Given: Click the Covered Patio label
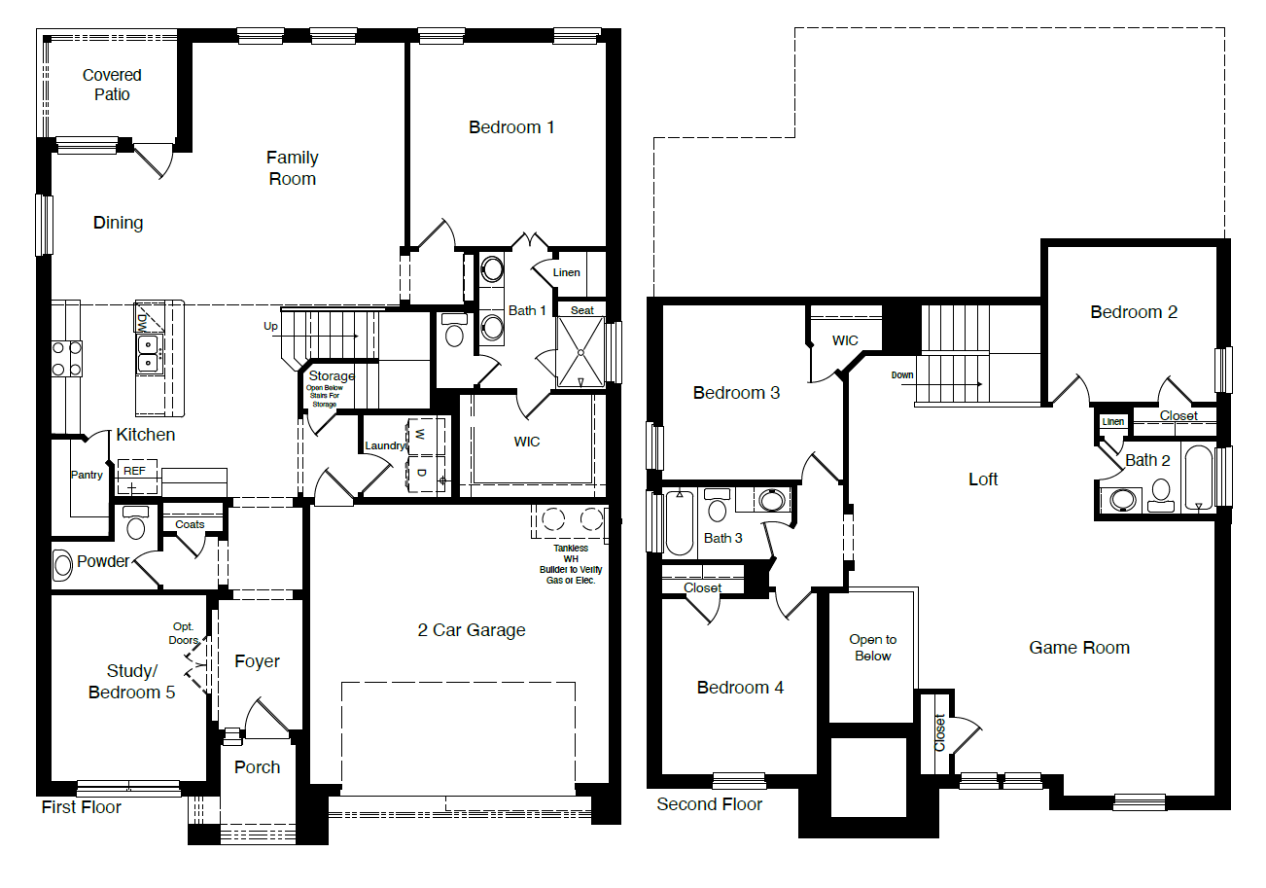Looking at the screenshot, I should [112, 85].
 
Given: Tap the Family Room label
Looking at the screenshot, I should [292, 168].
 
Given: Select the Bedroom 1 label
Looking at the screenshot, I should [511, 127].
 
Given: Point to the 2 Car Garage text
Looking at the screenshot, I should [472, 630].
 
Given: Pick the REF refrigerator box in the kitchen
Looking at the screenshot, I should [134, 471].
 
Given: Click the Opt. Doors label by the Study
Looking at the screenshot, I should [184, 633].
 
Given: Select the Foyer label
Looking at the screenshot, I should [258, 661].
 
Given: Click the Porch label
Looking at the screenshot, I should [258, 767].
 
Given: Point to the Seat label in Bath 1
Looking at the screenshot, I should [582, 310].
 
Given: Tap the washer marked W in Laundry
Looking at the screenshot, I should [421, 434].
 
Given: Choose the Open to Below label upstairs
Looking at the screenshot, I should [872, 648].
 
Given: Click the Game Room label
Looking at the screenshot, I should [1079, 648].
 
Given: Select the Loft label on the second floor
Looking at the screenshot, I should [984, 479].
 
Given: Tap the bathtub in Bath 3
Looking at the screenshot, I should [679, 522].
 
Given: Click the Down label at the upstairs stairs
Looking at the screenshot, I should [903, 374].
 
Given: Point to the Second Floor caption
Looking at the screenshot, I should [710, 804].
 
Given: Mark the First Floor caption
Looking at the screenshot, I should [82, 807].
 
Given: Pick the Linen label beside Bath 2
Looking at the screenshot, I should [1113, 422].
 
